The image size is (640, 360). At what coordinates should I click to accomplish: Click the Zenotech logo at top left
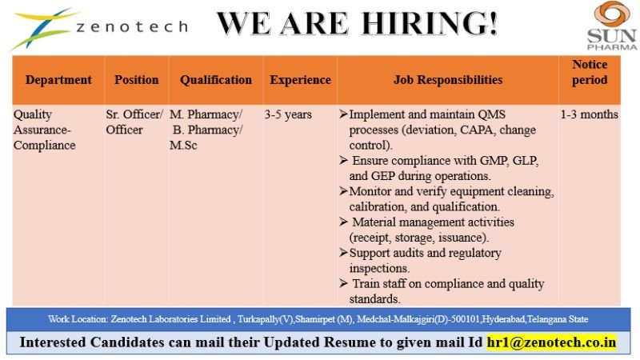(x=96, y=27)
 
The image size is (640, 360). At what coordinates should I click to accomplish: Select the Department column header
(x=58, y=80)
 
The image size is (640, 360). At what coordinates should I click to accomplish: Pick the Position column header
(x=137, y=80)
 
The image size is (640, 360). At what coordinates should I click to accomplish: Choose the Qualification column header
(x=215, y=80)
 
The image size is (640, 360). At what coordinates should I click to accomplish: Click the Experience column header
(x=300, y=80)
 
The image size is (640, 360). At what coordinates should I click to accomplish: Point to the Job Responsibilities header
(x=448, y=80)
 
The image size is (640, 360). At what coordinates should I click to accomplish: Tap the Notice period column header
(x=590, y=72)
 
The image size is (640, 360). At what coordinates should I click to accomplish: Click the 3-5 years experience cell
(x=288, y=115)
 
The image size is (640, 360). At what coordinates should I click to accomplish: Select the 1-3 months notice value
(x=590, y=115)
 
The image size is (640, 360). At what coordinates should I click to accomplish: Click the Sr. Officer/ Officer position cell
(x=134, y=122)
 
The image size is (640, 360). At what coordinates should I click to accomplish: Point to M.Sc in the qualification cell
(x=184, y=146)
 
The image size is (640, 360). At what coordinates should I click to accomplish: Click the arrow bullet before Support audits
(x=344, y=254)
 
